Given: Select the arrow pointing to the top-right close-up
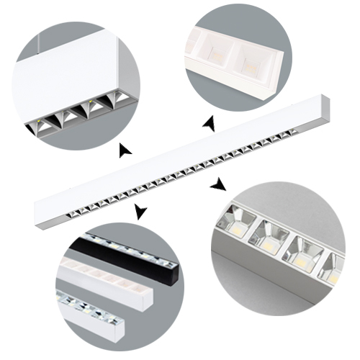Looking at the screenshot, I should [x=210, y=125].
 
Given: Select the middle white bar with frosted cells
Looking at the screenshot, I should [x=108, y=277].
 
